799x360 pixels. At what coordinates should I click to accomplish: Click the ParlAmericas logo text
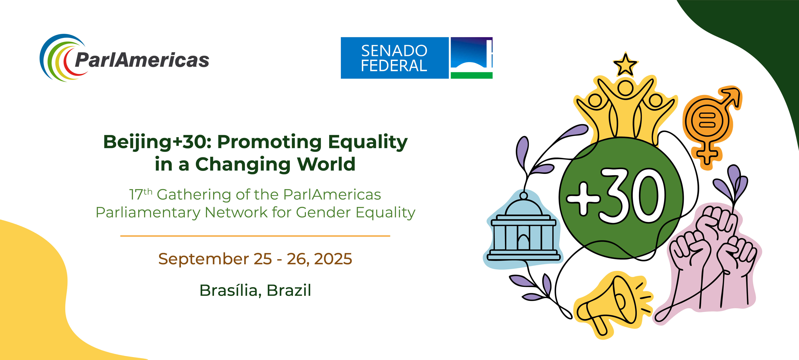pos(142,60)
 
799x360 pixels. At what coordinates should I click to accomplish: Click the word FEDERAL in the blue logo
pos(394,66)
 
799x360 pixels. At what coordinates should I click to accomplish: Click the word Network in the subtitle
pos(236,212)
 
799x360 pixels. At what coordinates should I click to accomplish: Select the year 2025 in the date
pos(333,259)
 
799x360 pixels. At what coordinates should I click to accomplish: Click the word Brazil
pos(289,290)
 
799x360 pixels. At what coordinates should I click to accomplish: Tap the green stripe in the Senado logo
pos(471,75)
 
